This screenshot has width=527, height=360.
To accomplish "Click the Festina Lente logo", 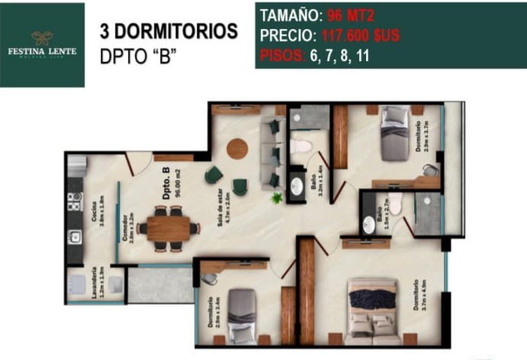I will [x=42, y=43].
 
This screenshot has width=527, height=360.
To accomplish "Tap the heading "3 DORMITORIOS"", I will [x=169, y=32].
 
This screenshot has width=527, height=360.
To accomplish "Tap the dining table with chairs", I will [x=170, y=227].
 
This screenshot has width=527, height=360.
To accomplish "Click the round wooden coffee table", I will [x=237, y=148].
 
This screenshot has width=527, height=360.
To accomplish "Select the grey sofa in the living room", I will [x=272, y=153].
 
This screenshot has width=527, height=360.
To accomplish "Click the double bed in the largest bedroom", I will [x=372, y=309].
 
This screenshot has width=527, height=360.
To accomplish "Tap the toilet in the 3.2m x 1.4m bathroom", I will [x=301, y=145].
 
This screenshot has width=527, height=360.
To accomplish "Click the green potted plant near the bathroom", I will [x=277, y=198].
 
